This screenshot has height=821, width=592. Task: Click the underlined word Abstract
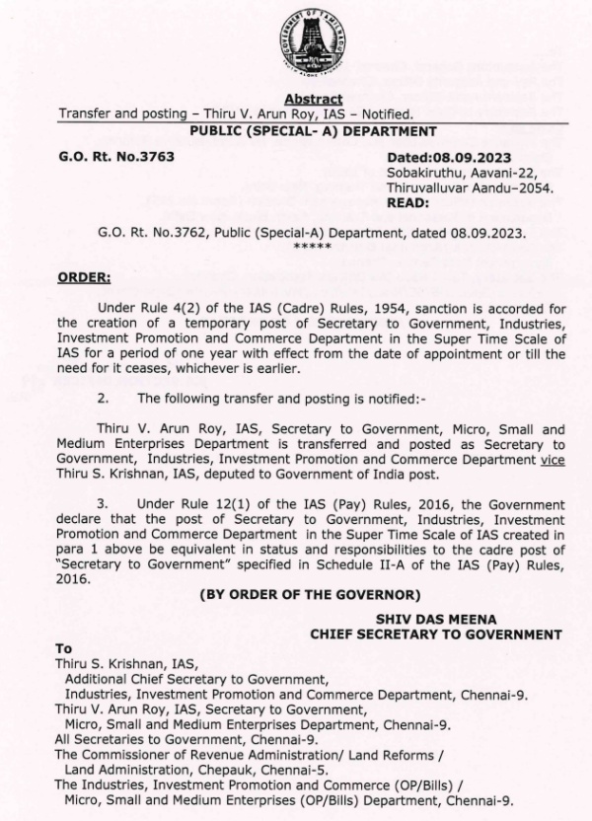(313, 100)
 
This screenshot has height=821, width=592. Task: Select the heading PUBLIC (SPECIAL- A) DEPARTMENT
(313, 130)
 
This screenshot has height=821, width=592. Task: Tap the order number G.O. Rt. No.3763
(115, 157)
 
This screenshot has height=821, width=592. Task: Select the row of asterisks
(313, 246)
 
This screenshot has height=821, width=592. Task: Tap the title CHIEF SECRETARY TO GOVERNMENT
(435, 634)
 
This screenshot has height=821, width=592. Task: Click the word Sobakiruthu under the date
(423, 173)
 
